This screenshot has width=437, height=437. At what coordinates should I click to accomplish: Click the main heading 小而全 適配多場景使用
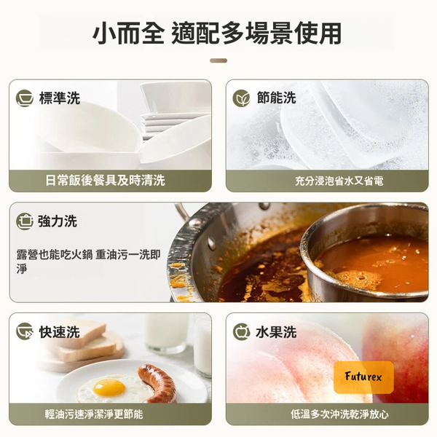click(217, 34)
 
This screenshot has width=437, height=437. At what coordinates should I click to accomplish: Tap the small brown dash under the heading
click(219, 60)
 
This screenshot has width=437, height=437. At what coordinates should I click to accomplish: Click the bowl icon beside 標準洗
click(25, 98)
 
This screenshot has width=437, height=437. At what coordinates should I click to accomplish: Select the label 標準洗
click(60, 98)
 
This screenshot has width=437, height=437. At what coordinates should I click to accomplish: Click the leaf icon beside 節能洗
click(241, 98)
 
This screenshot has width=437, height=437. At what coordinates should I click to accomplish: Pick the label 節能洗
click(276, 98)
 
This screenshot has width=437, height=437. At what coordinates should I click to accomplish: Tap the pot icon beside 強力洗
click(25, 221)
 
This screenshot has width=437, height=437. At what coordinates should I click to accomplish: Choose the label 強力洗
click(58, 221)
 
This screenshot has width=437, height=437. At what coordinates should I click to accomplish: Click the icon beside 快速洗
click(25, 331)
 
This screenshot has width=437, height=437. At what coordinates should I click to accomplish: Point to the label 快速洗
click(60, 332)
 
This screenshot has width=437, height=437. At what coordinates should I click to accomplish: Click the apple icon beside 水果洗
click(241, 332)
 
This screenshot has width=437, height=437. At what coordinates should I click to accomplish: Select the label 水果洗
click(276, 332)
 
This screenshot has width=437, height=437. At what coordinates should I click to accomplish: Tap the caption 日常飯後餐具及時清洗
click(105, 181)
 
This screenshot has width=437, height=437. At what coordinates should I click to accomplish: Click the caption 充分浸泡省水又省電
click(339, 181)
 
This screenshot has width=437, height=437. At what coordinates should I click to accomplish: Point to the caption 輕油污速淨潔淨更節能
click(94, 414)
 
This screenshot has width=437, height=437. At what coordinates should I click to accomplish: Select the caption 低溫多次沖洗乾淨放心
click(339, 414)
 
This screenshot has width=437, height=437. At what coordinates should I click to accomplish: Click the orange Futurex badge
click(363, 377)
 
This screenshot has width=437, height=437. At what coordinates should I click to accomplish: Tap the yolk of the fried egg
click(109, 387)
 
